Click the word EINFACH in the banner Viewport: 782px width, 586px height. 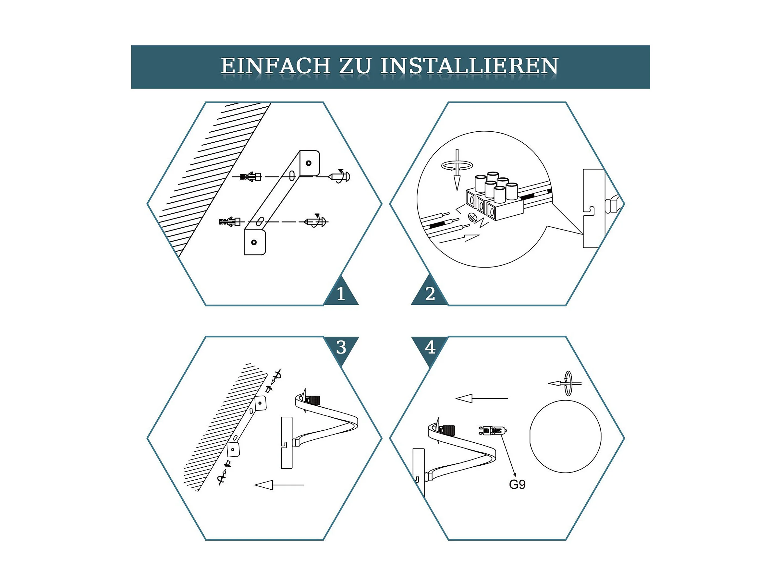coord(276,66)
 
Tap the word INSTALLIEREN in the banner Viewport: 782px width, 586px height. coord(470,66)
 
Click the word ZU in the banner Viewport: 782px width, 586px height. coord(356,66)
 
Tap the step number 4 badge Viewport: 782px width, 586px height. coord(430,348)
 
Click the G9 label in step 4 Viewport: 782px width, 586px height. coord(517,484)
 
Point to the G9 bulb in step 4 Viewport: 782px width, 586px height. coord(493,431)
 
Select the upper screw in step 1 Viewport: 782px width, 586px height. coord(339,176)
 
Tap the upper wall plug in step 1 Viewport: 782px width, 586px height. coord(250,176)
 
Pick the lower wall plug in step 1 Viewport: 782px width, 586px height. coord(230,222)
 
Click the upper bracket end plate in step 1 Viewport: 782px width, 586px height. coord(310,163)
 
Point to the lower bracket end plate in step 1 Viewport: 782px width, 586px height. coord(254,242)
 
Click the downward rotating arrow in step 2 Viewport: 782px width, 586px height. coord(457,169)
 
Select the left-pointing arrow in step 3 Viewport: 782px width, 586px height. coord(279,485)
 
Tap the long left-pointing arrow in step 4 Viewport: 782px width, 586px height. coord(482,399)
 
